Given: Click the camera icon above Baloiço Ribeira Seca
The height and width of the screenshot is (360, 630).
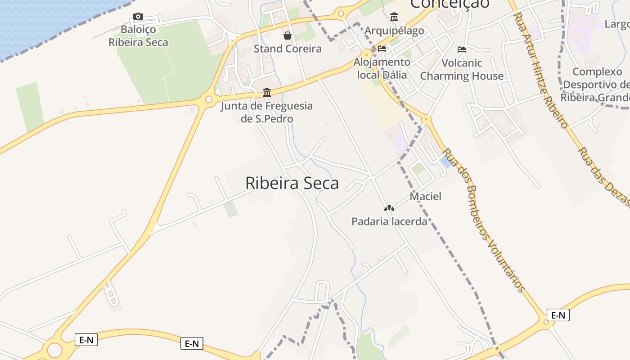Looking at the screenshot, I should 138,17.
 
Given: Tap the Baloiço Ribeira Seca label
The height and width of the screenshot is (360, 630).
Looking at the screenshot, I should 138,36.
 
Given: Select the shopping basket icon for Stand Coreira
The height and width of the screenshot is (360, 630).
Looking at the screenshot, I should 287,35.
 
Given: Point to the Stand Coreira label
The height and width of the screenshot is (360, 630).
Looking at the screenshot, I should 288,49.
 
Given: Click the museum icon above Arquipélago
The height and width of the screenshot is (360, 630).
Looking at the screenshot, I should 394,17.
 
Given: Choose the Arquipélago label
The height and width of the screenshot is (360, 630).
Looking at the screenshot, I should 394,31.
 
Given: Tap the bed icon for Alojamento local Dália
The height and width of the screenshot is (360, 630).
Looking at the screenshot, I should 382,49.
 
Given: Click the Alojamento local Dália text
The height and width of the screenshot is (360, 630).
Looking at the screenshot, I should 382,68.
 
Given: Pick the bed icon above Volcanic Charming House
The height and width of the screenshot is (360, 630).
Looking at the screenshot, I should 462,49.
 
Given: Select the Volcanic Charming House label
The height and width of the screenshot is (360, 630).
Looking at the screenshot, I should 462,69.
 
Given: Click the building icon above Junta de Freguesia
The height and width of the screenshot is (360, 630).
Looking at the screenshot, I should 267,92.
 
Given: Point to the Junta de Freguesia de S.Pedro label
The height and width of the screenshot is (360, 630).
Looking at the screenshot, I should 266,112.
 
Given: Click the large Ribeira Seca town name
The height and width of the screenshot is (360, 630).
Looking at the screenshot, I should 292,183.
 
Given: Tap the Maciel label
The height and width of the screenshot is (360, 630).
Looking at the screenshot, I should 425,196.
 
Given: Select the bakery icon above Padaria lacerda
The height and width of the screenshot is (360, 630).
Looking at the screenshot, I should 389,208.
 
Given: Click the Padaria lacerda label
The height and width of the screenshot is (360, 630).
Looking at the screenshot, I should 389,221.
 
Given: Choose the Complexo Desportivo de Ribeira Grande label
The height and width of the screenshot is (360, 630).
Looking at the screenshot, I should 596,85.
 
